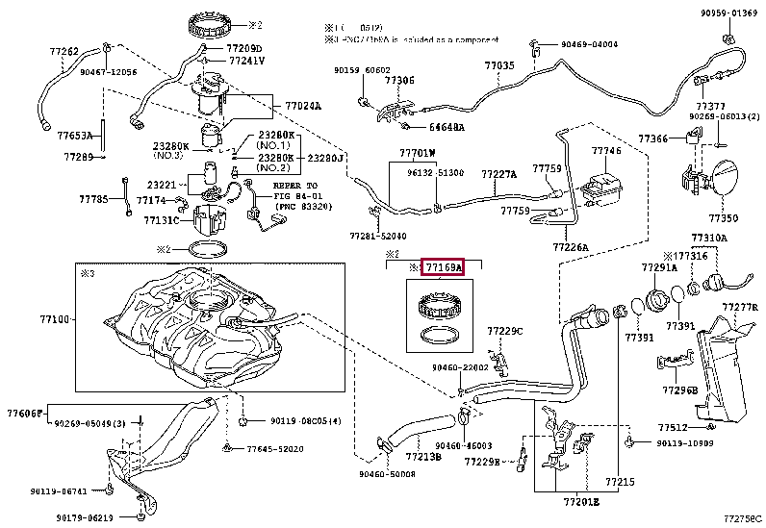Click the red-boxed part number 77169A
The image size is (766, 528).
coord(445,266)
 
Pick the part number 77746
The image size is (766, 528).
coord(606,151)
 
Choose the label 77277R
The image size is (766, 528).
coord(741,308)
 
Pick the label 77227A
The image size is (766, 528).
coord(499,174)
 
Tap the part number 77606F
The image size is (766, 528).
coord(25,413)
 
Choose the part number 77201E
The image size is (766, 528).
coord(581,502)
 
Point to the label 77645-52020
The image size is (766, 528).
coord(274,448)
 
